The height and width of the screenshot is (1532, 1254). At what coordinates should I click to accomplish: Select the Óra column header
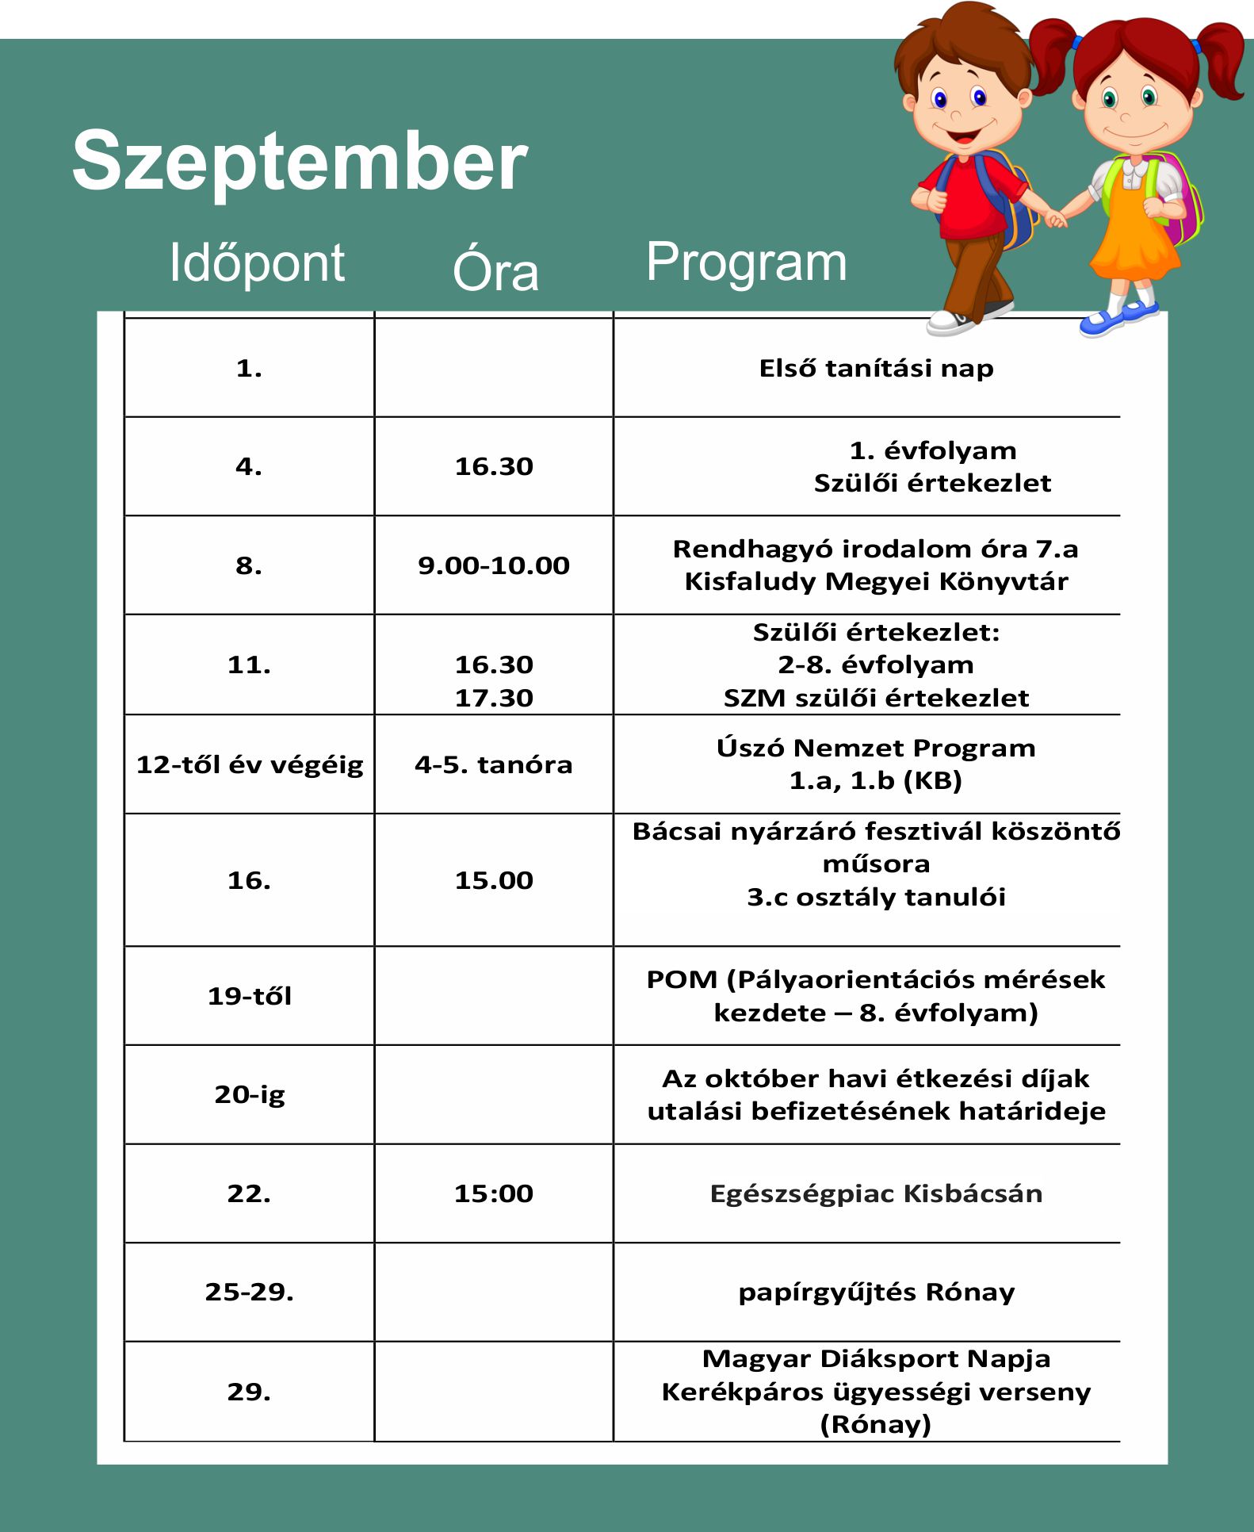coord(495,270)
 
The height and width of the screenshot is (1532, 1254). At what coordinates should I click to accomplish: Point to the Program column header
coord(746,262)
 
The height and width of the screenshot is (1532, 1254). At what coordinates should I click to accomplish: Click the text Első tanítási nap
coord(876,369)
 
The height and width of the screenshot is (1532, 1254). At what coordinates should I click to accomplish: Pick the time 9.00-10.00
coord(494,565)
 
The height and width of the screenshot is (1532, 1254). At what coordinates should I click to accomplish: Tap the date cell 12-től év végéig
coord(250,764)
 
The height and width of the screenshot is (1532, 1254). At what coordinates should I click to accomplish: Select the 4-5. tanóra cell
coord(494,764)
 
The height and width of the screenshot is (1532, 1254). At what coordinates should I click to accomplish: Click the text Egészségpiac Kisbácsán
coord(876,1193)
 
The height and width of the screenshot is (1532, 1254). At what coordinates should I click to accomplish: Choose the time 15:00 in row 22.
coord(494,1193)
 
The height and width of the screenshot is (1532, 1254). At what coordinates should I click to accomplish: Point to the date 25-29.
coord(250,1292)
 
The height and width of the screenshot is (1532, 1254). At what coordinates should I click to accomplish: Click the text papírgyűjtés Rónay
coord(876,1292)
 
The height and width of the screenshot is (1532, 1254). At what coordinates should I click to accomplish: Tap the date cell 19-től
coord(250,996)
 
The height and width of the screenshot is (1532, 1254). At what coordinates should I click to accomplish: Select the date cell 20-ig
coord(250,1094)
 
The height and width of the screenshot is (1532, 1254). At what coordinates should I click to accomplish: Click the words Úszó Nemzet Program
coord(876,748)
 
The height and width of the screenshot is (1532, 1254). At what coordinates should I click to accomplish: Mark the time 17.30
coord(494,698)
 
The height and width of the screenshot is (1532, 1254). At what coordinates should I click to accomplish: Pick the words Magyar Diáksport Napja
coord(876,1358)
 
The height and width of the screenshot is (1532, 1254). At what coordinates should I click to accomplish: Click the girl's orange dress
coord(1135,238)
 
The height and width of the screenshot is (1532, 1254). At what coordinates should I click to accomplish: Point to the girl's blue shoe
coord(1106,321)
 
